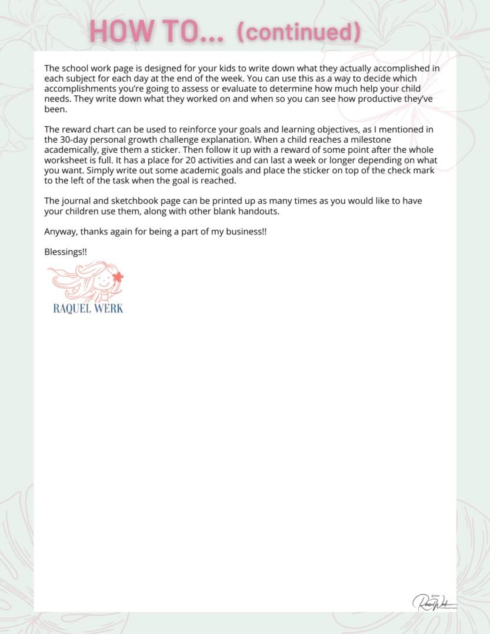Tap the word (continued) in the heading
[x=298, y=31]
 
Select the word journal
[x=77, y=201]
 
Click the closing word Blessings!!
[x=66, y=252]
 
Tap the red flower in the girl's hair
[x=118, y=276]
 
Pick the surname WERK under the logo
[x=108, y=308]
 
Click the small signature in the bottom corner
[x=435, y=602]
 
